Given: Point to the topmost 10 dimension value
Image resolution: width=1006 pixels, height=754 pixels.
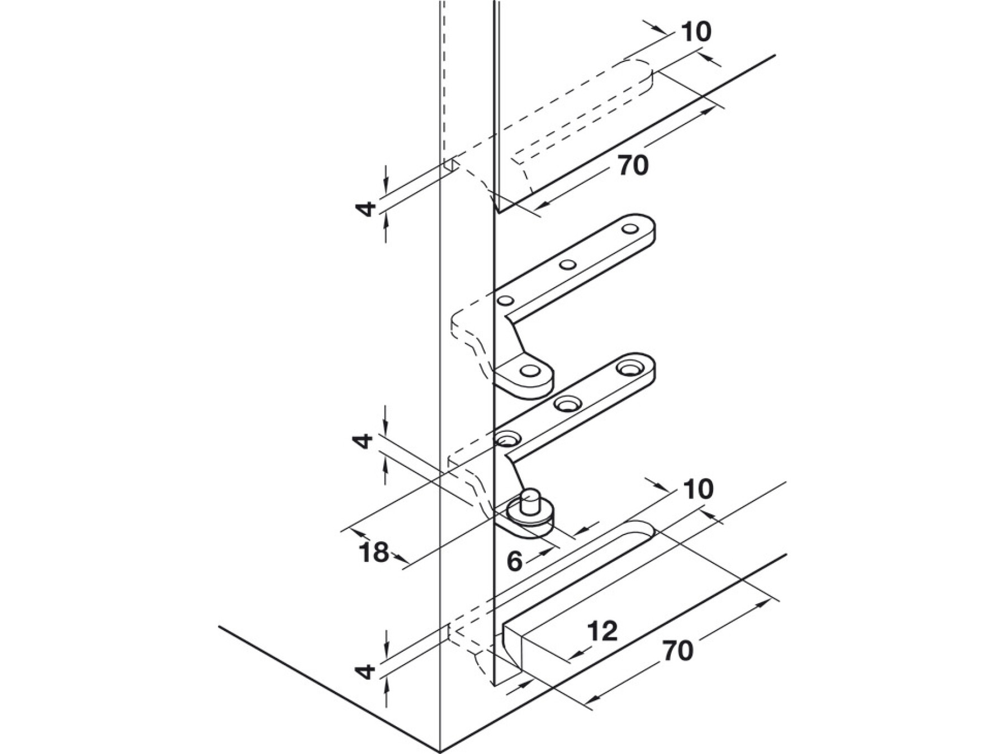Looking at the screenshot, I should (696, 32).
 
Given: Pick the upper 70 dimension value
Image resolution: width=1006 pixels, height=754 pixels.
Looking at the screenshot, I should (633, 165).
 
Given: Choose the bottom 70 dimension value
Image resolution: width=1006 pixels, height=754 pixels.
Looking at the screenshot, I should (678, 651).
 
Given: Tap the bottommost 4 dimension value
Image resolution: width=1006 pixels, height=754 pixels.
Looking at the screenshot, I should (366, 671).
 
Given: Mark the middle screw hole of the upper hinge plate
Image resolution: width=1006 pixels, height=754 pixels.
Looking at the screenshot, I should (569, 265).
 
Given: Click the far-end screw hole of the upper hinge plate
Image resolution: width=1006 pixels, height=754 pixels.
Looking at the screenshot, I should (630, 228).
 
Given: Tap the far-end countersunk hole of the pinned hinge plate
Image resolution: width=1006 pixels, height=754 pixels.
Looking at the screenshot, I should (630, 368).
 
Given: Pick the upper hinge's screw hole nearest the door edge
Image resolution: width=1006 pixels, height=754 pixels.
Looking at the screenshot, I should (506, 301).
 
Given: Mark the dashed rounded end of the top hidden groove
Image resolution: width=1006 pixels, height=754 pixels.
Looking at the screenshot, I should (643, 75).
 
